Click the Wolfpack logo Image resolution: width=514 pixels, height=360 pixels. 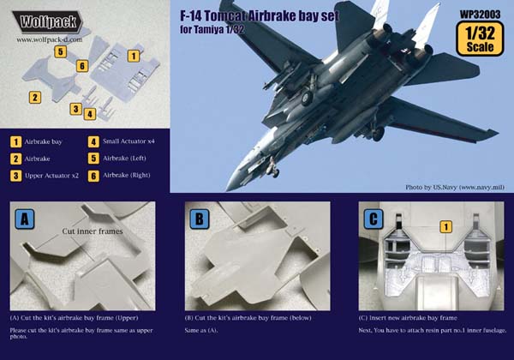click(47, 22)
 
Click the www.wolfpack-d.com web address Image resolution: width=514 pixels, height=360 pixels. click(50, 39)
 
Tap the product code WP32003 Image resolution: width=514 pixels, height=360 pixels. click(480, 15)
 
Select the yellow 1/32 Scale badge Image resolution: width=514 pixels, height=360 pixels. click(480, 39)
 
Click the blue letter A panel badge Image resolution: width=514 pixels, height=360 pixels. click(25, 219)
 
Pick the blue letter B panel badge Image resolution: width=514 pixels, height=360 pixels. click(200, 219)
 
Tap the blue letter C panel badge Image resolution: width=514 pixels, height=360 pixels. click(374, 219)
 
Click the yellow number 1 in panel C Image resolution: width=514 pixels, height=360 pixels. click(445, 226)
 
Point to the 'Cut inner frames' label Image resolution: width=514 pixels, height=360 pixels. click(93, 231)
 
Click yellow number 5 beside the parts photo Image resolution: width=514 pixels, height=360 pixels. click(60, 51)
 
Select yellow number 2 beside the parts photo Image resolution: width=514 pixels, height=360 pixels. click(35, 98)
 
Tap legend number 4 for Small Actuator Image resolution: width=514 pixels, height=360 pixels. click(93, 141)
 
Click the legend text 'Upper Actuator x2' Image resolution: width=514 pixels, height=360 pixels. click(51, 176)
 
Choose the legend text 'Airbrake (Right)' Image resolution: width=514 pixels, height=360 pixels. click(127, 175)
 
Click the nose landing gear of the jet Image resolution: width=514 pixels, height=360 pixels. click(272, 167)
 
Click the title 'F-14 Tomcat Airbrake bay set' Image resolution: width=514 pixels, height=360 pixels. click(260, 16)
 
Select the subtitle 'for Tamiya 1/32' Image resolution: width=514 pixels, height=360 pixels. click(212, 30)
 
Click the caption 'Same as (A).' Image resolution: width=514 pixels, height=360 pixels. click(201, 331)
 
